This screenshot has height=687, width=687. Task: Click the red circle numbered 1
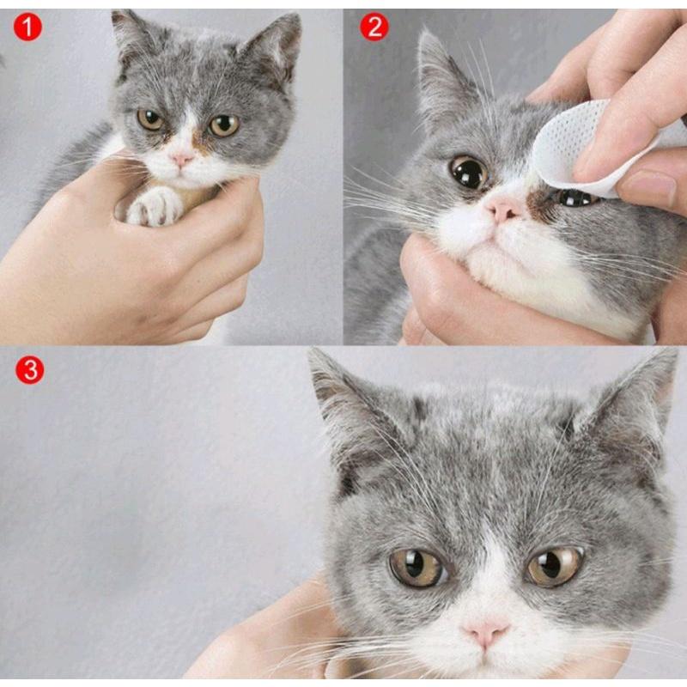pos(27,27)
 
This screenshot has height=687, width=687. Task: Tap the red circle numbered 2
pos(374,27)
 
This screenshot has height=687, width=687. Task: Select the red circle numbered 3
pos(30,370)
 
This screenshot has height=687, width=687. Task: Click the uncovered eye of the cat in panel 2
pos(468,173)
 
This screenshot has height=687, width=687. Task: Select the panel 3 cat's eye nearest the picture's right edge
pos(555,567)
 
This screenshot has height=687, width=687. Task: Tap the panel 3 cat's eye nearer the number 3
pos(417,568)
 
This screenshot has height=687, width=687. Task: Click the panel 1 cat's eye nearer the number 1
pos(149,119)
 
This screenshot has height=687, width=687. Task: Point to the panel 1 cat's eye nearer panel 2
pos(223,125)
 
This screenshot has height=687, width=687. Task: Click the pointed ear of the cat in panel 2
pos(441,75)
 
